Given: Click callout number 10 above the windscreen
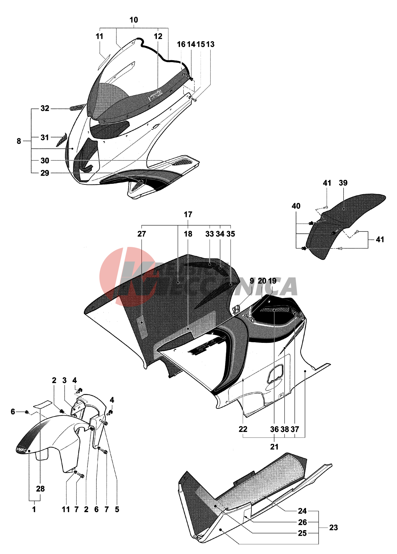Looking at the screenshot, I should [x=134, y=20].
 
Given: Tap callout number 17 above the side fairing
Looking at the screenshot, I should [x=188, y=214].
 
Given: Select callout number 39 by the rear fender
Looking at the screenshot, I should [x=343, y=183].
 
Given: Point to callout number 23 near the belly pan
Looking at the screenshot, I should [x=333, y=528].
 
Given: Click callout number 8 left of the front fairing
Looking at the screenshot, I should [x=19, y=141].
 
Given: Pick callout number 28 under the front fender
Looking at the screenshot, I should [x=40, y=489].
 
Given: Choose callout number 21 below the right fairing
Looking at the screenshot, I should [x=274, y=446].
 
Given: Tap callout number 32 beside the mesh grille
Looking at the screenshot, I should [x=45, y=108].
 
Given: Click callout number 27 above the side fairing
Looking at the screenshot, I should [x=141, y=234].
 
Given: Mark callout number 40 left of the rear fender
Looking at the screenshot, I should [x=296, y=206].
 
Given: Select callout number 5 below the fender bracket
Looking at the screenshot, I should [x=117, y=509].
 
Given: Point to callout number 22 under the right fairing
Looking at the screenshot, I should [x=243, y=429].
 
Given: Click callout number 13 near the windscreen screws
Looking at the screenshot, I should [x=211, y=44].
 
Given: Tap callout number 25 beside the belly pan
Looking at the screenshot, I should [x=302, y=533].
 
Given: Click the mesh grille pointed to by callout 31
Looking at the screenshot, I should [x=62, y=139].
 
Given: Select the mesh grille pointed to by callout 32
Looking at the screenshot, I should [x=77, y=107].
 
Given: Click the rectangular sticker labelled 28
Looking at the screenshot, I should [x=43, y=404].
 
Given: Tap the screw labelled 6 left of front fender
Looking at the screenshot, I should [x=27, y=412].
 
